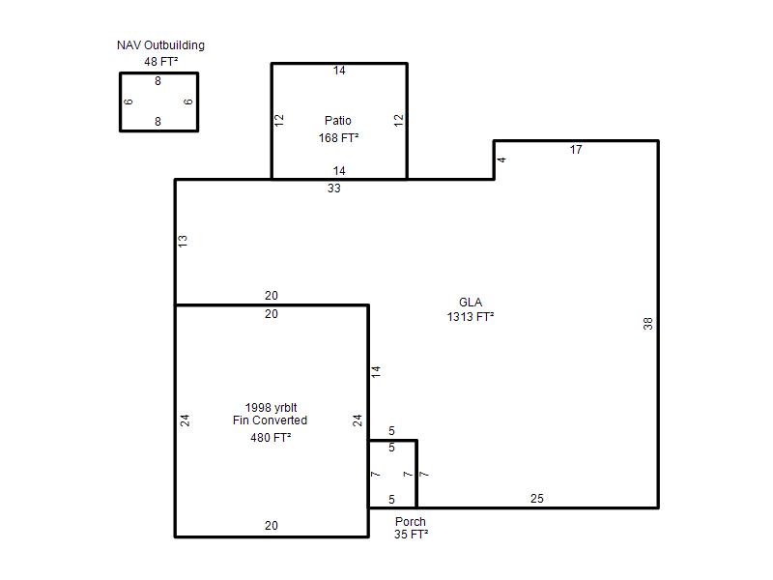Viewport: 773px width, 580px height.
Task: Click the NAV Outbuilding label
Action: click(x=160, y=45)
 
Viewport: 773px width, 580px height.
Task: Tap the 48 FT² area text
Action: click(x=160, y=62)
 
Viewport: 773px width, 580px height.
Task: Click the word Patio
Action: click(x=338, y=120)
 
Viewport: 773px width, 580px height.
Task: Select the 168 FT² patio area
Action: click(x=338, y=138)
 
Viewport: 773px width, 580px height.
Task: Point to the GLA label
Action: click(x=471, y=303)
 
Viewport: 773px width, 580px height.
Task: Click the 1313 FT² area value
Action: click(x=471, y=317)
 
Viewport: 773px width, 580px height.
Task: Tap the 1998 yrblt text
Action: click(x=272, y=407)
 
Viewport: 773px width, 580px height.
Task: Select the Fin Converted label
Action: click(x=271, y=420)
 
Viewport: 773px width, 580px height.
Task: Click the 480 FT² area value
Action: click(x=271, y=438)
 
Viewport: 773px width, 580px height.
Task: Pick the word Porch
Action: click(x=410, y=521)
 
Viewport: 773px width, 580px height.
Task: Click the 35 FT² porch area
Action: click(x=412, y=535)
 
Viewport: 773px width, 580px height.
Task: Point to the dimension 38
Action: click(x=647, y=324)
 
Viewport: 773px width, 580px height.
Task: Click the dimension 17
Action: click(x=576, y=150)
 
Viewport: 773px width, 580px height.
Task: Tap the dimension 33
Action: click(x=333, y=188)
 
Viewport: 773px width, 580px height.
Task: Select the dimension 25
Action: click(x=537, y=499)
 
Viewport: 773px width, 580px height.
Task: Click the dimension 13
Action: click(x=183, y=241)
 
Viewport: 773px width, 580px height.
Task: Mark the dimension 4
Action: click(x=501, y=159)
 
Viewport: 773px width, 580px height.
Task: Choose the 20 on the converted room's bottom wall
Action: click(x=272, y=526)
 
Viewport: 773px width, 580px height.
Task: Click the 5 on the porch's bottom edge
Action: click(x=391, y=500)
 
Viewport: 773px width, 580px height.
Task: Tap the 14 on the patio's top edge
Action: click(x=339, y=71)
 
